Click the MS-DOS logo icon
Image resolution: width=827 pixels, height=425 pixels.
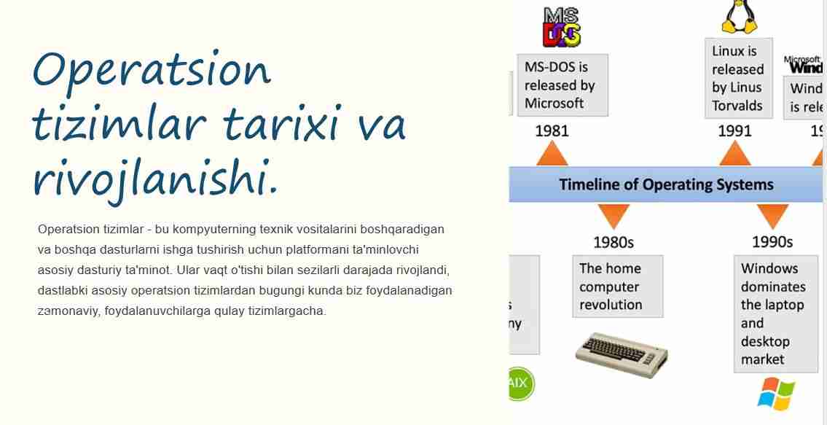[x=562, y=28]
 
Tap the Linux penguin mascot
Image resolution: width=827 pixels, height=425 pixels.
[x=738, y=17]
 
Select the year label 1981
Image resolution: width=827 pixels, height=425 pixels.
[x=552, y=131]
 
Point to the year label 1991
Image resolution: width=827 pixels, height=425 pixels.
[x=734, y=131]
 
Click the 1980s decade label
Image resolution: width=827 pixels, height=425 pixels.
[x=613, y=241]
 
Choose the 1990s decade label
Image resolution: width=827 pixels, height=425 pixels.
[x=772, y=241]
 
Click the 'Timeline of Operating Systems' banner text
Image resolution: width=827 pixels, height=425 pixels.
[x=666, y=184]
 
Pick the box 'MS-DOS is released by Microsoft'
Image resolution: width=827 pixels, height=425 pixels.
[x=562, y=85]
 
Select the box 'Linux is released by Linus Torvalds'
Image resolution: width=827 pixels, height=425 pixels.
[x=738, y=79]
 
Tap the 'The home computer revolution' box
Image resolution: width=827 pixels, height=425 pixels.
[x=616, y=286]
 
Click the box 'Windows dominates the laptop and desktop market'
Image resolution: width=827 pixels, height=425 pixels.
[x=775, y=313]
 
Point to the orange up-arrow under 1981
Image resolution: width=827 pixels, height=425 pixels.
[x=552, y=154]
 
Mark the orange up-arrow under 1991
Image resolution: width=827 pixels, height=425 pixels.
[x=734, y=154]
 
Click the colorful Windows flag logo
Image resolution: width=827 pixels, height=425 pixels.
[x=775, y=394]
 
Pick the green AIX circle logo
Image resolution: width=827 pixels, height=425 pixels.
[x=520, y=383]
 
